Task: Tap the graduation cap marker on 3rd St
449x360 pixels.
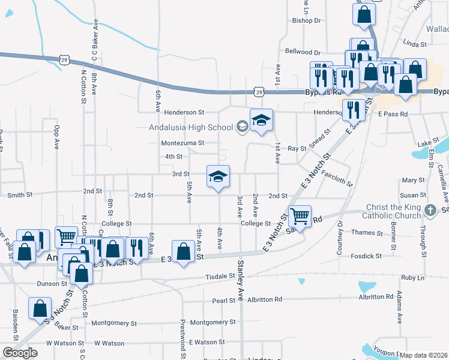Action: pyautogui.click(x=218, y=176)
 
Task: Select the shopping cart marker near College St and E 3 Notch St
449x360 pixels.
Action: pyautogui.click(x=300, y=216)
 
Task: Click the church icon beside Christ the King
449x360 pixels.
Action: pyautogui.click(x=429, y=211)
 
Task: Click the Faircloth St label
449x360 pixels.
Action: pyautogui.click(x=337, y=178)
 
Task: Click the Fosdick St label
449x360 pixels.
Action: pyautogui.click(x=366, y=256)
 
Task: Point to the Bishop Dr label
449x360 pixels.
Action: pyautogui.click(x=307, y=20)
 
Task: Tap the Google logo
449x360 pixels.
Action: pyautogui.click(x=20, y=353)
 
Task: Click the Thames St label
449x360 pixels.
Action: pyautogui.click(x=367, y=233)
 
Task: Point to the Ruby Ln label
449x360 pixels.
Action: pyautogui.click(x=412, y=278)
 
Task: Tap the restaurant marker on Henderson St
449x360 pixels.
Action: pyautogui.click(x=351, y=110)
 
